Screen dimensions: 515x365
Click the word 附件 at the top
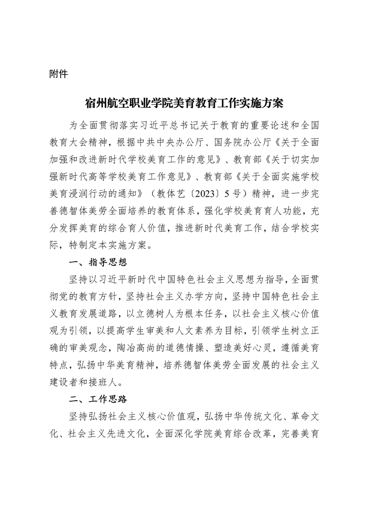point(58,74)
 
